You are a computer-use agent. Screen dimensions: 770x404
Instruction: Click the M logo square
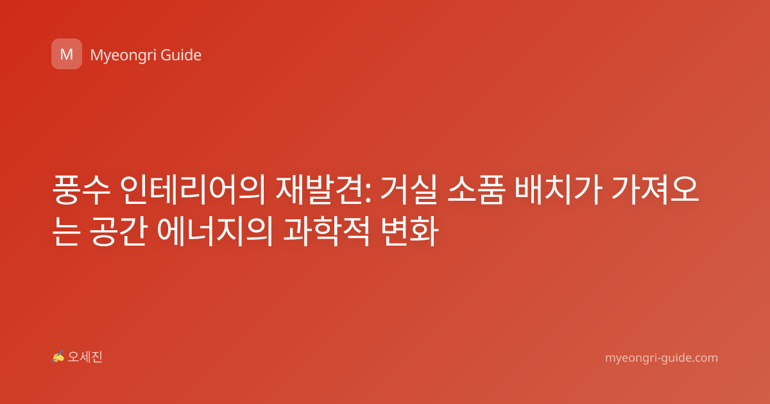[x=67, y=54]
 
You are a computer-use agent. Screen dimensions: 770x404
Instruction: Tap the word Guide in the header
[x=181, y=55]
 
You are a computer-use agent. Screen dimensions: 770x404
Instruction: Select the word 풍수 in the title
[x=81, y=190]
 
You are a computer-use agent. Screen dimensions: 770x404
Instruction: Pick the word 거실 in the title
[x=408, y=190]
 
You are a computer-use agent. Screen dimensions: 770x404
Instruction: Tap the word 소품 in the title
[x=476, y=190]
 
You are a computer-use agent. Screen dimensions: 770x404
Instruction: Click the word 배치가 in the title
[x=558, y=190]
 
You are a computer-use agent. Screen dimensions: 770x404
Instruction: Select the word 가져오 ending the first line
[x=656, y=190]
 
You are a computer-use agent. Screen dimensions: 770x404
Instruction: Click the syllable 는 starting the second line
[x=67, y=231]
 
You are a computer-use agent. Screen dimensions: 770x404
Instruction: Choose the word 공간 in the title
[x=119, y=231]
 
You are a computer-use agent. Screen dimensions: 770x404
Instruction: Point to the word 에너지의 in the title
[x=215, y=231]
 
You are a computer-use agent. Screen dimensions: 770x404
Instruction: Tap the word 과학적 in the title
[x=327, y=231]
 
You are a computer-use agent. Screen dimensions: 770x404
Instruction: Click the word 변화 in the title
[x=409, y=231]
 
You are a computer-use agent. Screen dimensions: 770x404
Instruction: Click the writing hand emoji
[x=58, y=357]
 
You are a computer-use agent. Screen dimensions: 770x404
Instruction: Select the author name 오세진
[x=85, y=357]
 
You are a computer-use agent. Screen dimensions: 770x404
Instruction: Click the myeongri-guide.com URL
[x=662, y=358]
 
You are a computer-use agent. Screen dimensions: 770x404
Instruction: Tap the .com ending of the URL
[x=704, y=358]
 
